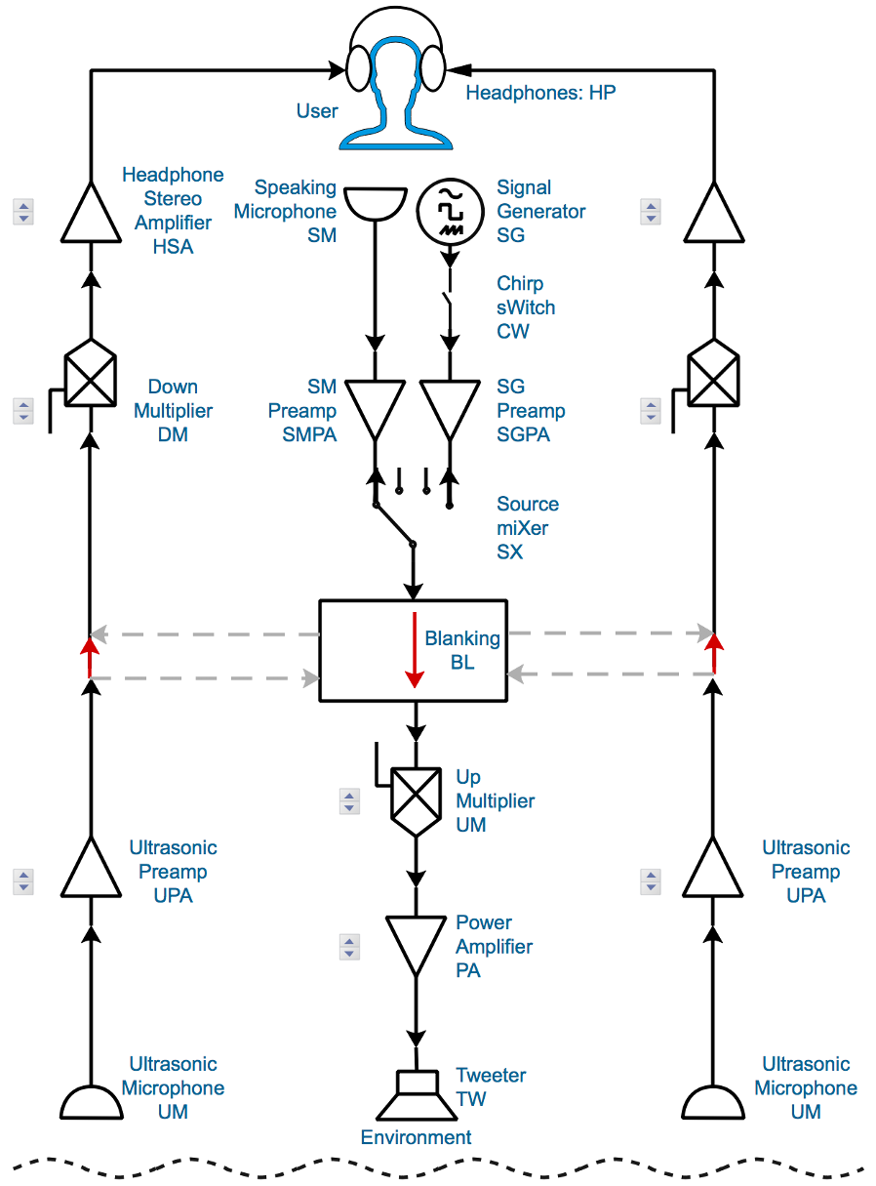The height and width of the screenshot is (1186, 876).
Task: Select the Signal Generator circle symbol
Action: (450, 211)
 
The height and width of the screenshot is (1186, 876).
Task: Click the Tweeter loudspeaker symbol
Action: (417, 1095)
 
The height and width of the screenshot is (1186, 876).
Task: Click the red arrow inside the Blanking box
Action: (416, 650)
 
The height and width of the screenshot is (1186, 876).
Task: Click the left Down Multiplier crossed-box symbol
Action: (90, 377)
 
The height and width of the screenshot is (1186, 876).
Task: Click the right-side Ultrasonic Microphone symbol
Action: (713, 1101)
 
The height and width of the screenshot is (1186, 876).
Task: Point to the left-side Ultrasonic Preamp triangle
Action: (91, 871)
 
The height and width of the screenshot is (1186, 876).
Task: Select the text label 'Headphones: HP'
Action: (540, 94)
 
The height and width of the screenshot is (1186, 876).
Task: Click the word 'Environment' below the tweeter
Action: (416, 1137)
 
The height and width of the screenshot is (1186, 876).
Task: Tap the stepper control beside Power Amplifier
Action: (349, 946)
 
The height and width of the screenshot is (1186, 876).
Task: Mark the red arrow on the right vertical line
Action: (714, 653)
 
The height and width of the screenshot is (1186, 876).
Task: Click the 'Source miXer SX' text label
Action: (528, 528)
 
